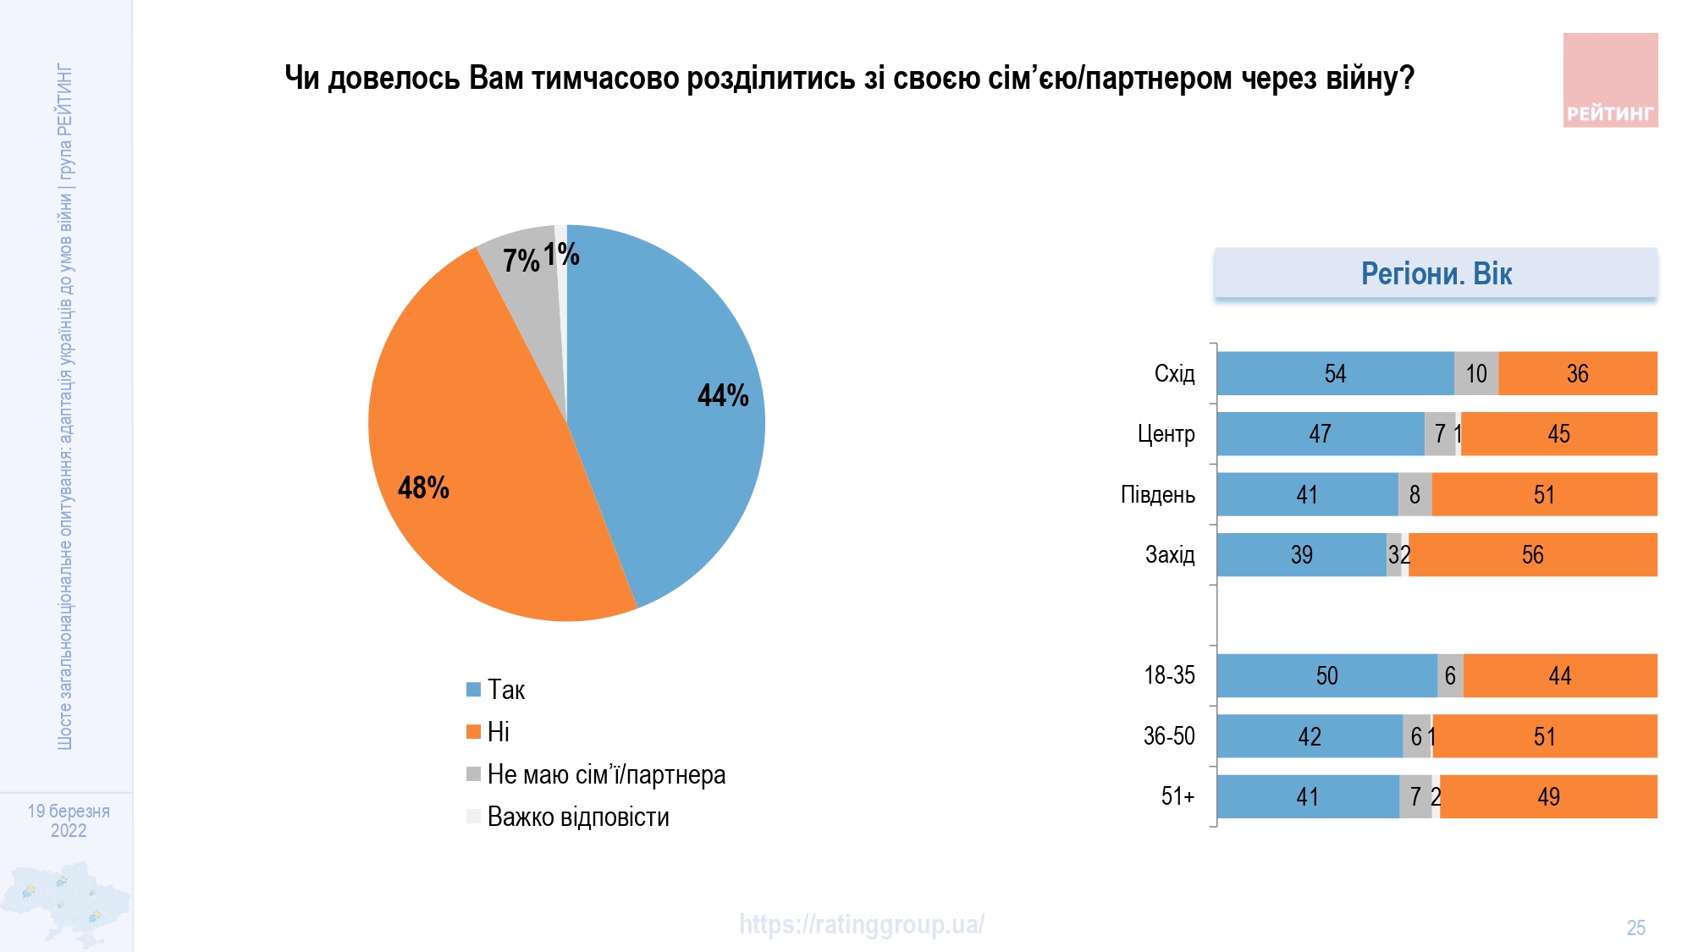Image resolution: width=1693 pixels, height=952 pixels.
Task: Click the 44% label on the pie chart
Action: [x=723, y=395]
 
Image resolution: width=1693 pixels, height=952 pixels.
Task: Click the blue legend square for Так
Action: [x=473, y=690]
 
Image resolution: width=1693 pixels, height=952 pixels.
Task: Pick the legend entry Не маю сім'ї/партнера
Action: [x=606, y=774]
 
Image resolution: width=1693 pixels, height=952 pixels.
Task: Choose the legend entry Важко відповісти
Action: [x=578, y=817]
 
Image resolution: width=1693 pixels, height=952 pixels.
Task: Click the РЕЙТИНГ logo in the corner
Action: [x=1610, y=80]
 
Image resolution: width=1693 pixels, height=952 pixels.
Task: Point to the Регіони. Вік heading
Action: [x=1436, y=273]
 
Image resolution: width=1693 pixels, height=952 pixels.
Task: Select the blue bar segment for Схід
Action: [x=1335, y=373]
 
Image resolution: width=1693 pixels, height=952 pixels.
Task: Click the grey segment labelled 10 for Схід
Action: [x=1476, y=373]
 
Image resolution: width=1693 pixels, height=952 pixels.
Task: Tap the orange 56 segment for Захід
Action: [x=1532, y=555]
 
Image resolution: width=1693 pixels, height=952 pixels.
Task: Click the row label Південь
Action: [x=1157, y=494]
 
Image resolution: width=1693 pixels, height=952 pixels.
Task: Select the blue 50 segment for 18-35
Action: [x=1326, y=675]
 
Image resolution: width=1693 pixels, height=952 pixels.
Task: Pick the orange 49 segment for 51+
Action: [x=1548, y=796]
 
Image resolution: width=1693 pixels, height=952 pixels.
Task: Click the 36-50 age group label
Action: [x=1169, y=736]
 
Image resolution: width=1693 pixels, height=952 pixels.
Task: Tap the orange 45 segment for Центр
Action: [x=1558, y=434]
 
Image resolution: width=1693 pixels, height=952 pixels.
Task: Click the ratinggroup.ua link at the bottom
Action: [x=861, y=924]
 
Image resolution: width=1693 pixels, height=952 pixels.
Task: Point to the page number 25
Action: [x=1635, y=927]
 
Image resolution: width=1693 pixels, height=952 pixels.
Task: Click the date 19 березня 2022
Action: [x=69, y=820]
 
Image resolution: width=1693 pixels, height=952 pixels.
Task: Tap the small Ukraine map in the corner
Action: [x=66, y=904]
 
